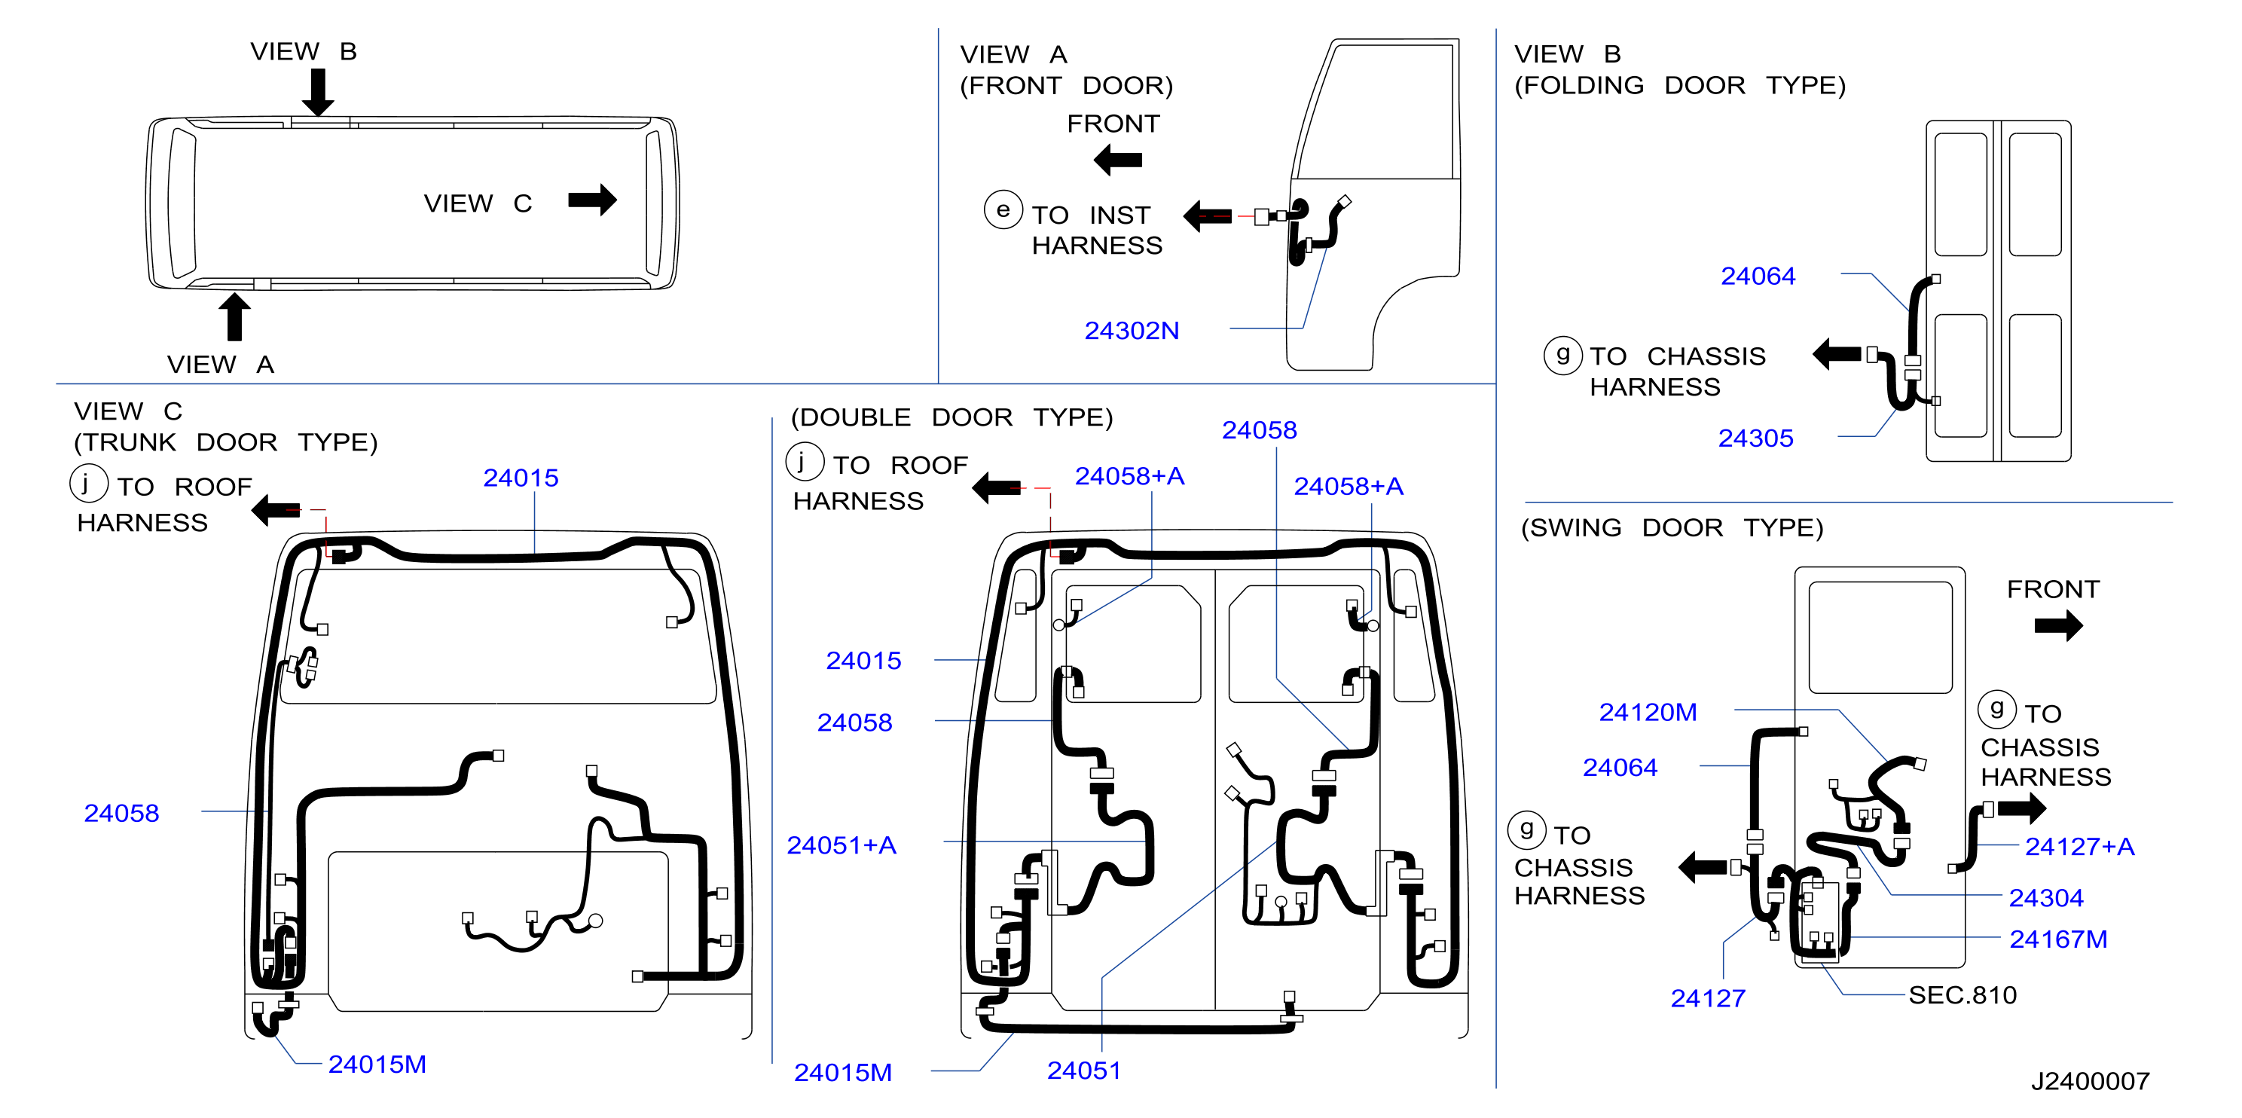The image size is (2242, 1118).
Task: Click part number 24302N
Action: pyautogui.click(x=1132, y=331)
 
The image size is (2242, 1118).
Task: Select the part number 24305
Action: pyautogui.click(x=1755, y=438)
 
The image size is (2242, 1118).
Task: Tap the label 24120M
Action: pyautogui.click(x=1648, y=712)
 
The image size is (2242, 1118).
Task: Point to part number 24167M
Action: pyautogui.click(x=2057, y=939)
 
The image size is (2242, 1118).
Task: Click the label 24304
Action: pyautogui.click(x=2045, y=897)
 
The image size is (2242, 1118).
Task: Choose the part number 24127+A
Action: pyautogui.click(x=2079, y=846)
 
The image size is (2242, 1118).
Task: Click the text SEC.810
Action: pyautogui.click(x=1962, y=994)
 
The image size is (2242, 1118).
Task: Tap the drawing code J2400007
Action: pyautogui.click(x=2090, y=1080)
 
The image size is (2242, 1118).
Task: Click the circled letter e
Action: pyautogui.click(x=1003, y=209)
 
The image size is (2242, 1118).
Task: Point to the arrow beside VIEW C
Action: pyautogui.click(x=592, y=200)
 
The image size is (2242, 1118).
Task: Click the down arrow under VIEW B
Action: pyautogui.click(x=319, y=91)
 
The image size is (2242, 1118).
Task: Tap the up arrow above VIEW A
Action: pyautogui.click(x=234, y=316)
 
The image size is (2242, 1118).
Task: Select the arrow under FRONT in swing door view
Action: pyautogui.click(x=2058, y=625)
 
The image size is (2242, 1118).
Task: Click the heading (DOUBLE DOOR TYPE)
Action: pyautogui.click(x=951, y=417)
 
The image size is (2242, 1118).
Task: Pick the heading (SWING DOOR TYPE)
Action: pyautogui.click(x=1671, y=527)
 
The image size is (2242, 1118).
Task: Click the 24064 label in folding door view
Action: pyautogui.click(x=1758, y=276)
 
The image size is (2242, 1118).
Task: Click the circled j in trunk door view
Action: pyautogui.click(x=89, y=483)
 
